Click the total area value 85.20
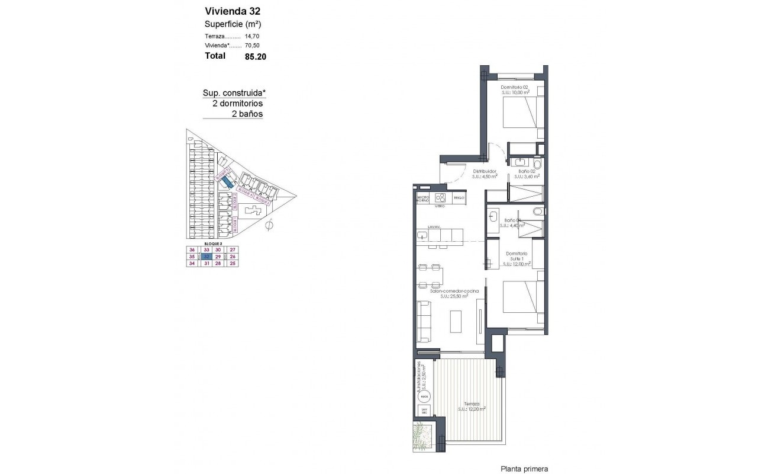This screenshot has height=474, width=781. (254, 57)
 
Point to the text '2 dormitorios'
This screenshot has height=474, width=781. (237, 103)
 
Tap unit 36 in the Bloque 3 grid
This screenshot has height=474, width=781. (191, 249)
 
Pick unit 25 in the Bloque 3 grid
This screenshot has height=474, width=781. (233, 264)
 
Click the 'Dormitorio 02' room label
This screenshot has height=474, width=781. (514, 88)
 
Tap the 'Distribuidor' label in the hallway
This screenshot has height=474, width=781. (485, 171)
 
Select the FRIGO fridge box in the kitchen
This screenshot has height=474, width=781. (460, 198)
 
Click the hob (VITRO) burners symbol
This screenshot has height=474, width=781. (440, 198)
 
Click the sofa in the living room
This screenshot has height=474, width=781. (424, 322)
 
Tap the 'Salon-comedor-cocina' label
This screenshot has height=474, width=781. (455, 291)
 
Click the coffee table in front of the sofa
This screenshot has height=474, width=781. (456, 322)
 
